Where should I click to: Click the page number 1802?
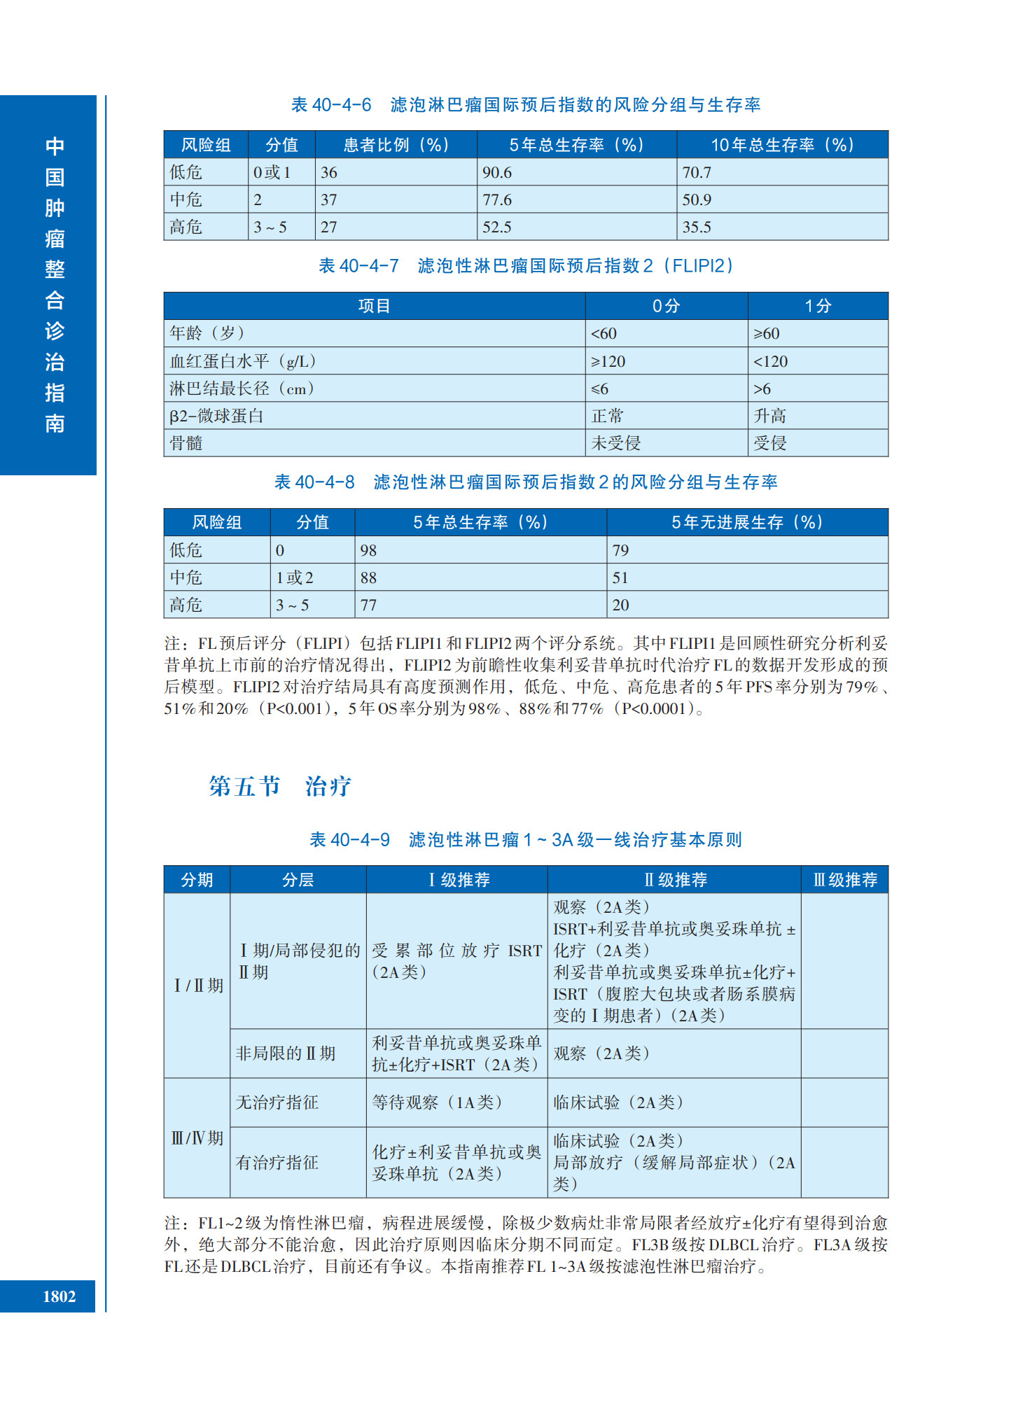pos(59,1296)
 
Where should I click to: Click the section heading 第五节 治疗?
pos(279,786)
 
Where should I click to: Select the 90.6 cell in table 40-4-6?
pos(497,172)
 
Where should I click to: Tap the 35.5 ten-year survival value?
pos(697,227)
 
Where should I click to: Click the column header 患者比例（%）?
pos(396,145)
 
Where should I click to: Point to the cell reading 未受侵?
pos(616,443)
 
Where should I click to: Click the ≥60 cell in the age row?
pos(767,334)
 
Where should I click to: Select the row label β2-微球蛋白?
pos(216,416)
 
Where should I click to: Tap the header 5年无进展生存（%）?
pos(747,522)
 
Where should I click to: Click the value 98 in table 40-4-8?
pos(368,550)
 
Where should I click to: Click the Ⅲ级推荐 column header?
pos(844,880)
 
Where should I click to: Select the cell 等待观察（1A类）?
pos(437,1102)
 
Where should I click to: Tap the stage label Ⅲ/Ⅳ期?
pos(197,1138)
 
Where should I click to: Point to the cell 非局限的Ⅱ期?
pos(285,1053)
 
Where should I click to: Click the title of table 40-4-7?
pos(526,266)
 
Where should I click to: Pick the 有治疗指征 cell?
pos(277,1163)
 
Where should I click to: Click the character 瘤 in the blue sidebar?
pos(55,239)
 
